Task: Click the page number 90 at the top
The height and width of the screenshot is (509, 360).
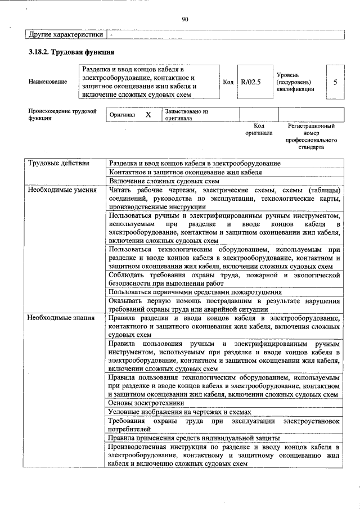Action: click(184, 19)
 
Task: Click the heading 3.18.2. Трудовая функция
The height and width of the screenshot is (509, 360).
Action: click(72, 52)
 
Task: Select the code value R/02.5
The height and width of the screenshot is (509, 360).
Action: click(250, 82)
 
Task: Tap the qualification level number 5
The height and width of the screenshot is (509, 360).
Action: click(335, 82)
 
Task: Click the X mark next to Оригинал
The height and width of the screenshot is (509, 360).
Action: click(148, 115)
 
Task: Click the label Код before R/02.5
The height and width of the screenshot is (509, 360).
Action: click(228, 82)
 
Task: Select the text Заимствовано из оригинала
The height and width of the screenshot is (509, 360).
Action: click(186, 115)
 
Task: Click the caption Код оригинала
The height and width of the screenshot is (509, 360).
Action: click(258, 129)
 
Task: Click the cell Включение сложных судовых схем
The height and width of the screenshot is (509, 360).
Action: click(164, 181)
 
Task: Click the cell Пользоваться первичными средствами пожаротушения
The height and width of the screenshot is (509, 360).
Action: click(195, 291)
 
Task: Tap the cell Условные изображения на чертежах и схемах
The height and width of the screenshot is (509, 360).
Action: click(179, 412)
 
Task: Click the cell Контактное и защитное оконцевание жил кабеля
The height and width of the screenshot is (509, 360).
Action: click(185, 172)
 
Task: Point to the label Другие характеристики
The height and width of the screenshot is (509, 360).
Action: click(66, 34)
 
